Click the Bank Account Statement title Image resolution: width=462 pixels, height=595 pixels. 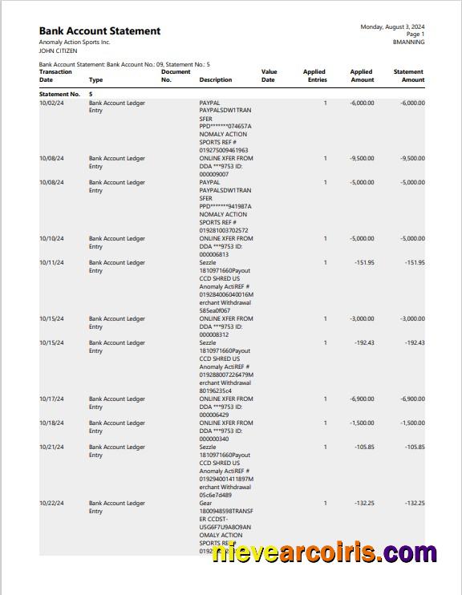(x=99, y=31)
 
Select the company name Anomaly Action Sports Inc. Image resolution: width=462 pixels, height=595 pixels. (x=75, y=42)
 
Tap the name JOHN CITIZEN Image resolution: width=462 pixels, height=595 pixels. (x=58, y=51)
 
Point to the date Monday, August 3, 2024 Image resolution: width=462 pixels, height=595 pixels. (x=392, y=26)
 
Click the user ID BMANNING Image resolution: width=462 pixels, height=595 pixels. (x=408, y=42)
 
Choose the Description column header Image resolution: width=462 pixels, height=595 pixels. (x=216, y=80)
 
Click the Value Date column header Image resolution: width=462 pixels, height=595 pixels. (x=269, y=75)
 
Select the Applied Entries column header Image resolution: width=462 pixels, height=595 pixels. (x=314, y=75)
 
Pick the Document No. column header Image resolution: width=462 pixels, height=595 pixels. (x=176, y=75)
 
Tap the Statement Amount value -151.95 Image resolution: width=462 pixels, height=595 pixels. (x=415, y=263)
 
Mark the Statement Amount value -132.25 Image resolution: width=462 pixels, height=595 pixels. (x=415, y=504)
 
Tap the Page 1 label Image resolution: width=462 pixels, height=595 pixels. (x=415, y=34)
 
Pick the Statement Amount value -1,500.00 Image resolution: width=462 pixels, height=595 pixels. (x=412, y=423)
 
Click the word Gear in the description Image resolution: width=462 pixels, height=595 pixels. (x=205, y=504)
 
